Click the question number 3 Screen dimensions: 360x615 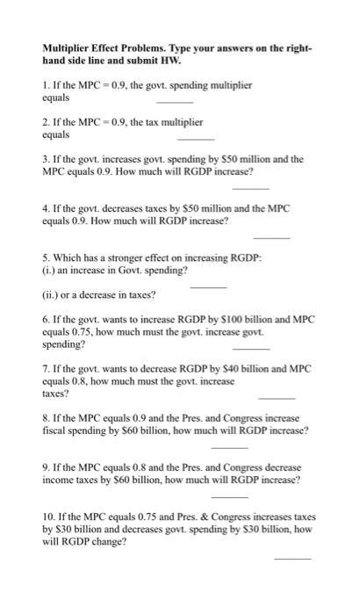point(45,160)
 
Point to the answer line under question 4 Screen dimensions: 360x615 point(270,237)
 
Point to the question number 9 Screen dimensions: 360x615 point(45,468)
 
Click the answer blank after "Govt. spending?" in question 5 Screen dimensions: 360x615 point(208,286)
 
